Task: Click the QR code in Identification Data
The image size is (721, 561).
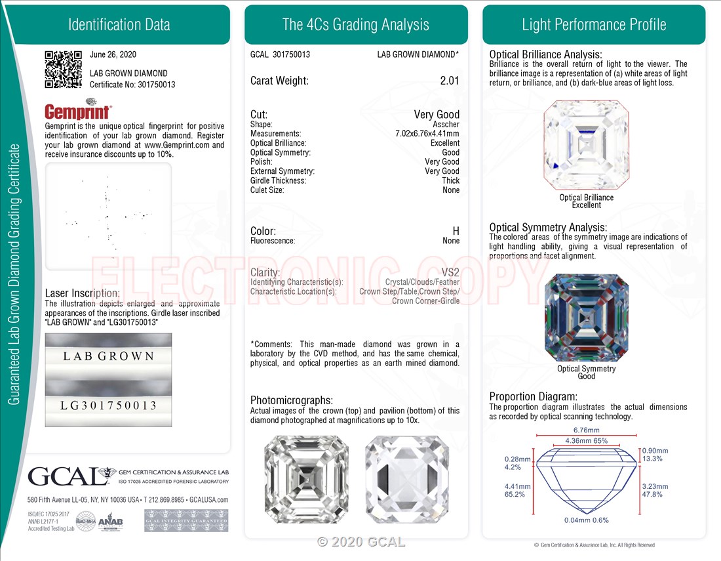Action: [63, 70]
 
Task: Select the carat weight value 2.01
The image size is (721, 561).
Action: [450, 81]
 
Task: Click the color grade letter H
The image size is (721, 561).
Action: [456, 231]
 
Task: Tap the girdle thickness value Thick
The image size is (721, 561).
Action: [450, 180]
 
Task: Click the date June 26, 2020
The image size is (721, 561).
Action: [113, 55]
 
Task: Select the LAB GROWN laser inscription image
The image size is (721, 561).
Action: [108, 356]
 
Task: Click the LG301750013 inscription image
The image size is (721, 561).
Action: [108, 405]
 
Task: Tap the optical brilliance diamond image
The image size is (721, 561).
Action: [586, 145]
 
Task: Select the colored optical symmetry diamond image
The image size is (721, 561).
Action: [586, 318]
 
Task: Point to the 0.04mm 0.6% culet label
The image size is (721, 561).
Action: [586, 520]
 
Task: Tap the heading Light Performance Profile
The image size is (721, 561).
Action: [594, 25]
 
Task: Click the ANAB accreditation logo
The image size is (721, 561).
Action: [110, 521]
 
